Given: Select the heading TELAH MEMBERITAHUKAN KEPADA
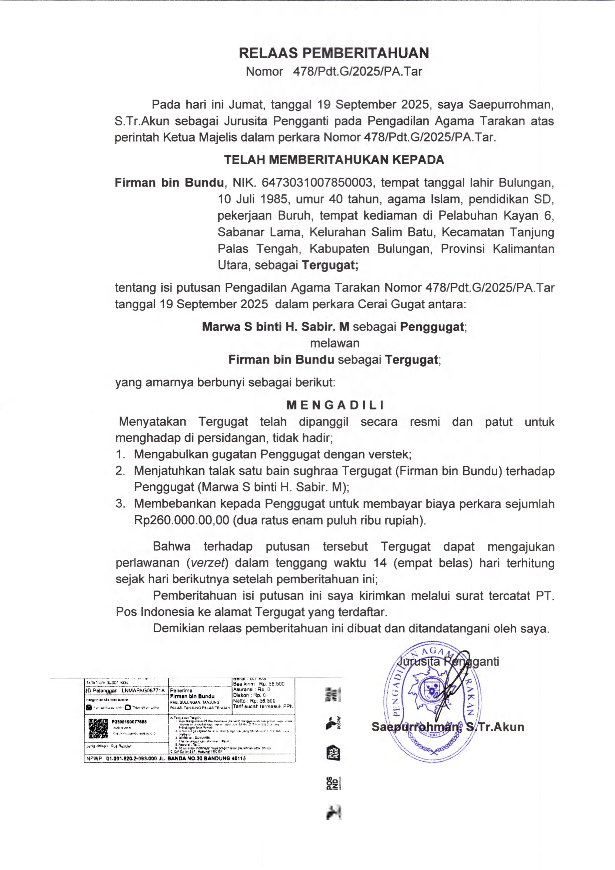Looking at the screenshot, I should [x=334, y=159].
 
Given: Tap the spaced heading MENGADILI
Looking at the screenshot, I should [x=335, y=405].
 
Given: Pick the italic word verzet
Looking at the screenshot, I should [x=208, y=563].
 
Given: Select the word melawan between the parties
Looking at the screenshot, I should [x=335, y=343].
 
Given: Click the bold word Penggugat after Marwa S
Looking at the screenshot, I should [x=432, y=327].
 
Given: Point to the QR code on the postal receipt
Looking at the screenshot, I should [x=98, y=728].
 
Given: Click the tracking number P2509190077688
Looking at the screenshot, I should [x=129, y=722].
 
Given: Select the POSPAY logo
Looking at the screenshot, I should [x=333, y=723].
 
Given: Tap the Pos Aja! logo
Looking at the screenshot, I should [x=333, y=753].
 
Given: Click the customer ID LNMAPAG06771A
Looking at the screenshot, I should [x=143, y=690].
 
